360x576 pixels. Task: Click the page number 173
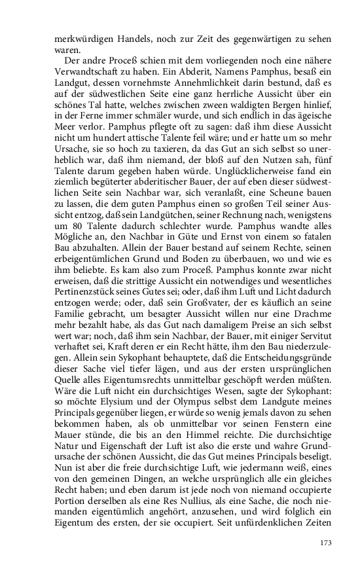tap(326, 543)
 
